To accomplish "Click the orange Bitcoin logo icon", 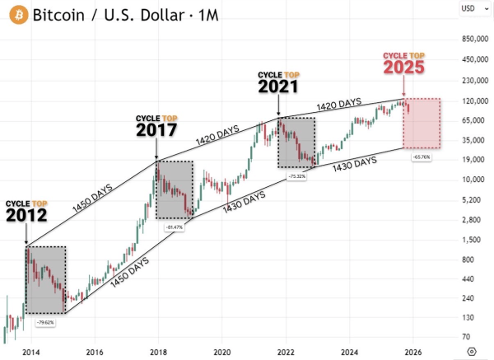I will click(x=16, y=14).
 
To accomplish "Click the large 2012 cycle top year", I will click(x=26, y=216).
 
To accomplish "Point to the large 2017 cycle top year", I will click(x=156, y=131).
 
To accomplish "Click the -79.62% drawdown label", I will click(x=44, y=322).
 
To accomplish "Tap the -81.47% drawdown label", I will click(x=174, y=227).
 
